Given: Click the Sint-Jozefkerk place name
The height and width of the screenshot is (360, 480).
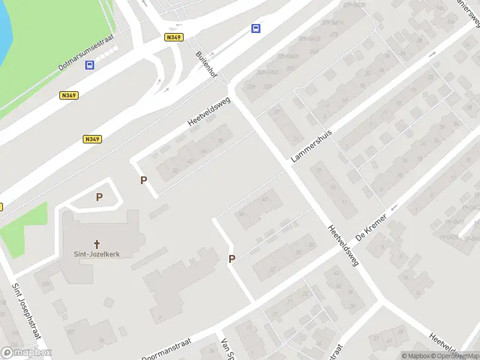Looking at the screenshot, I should pyautogui.click(x=97, y=254).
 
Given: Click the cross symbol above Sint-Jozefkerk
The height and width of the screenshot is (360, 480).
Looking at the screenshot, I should pyautogui.click(x=97, y=244).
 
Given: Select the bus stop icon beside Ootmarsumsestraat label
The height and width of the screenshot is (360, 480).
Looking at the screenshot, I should pyautogui.click(x=90, y=65).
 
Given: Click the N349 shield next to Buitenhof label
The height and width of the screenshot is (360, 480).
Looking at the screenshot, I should pyautogui.click(x=174, y=37).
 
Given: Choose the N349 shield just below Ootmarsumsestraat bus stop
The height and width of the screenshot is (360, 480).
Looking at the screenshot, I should pyautogui.click(x=70, y=95).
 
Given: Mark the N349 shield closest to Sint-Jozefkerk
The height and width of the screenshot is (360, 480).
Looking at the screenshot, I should pyautogui.click(x=92, y=139).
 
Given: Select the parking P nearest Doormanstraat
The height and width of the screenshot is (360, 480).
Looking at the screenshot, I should pyautogui.click(x=232, y=259).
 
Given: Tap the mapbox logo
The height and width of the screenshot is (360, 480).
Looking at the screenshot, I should pyautogui.click(x=26, y=353).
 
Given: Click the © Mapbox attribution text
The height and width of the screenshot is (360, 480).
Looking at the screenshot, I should pyautogui.click(x=415, y=356).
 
